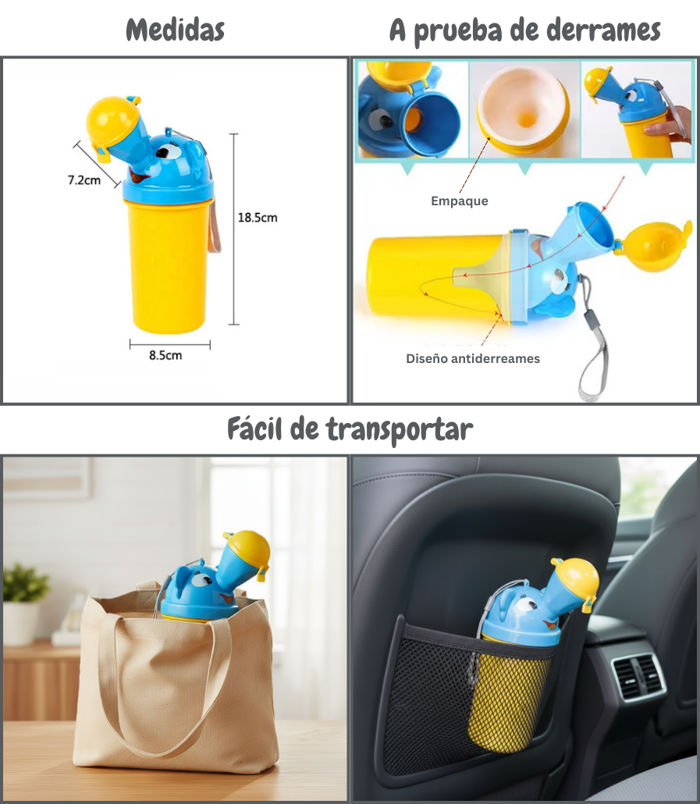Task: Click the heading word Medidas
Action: coord(175,30)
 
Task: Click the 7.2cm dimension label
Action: coord(84,180)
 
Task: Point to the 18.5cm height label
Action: coord(257,218)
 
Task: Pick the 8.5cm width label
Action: coord(165,356)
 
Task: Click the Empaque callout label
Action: coord(460,201)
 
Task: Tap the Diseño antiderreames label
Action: coord(473,359)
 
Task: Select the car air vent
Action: coord(638,677)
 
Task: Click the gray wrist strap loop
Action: coord(592,366)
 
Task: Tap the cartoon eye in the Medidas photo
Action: coord(165,150)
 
